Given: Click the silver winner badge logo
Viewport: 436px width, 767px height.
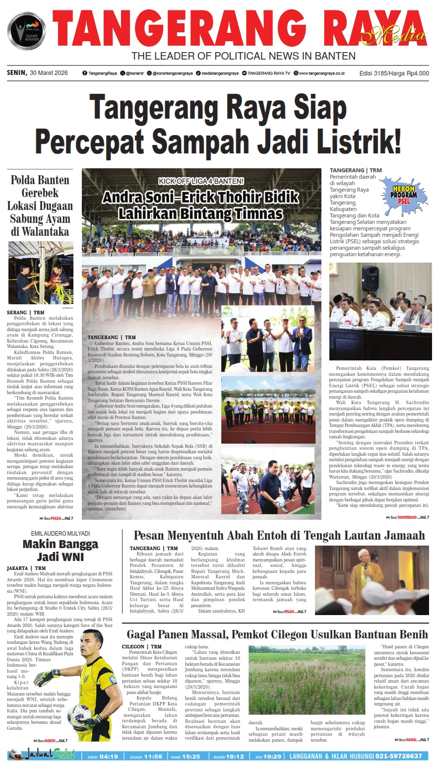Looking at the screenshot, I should coord(26,31).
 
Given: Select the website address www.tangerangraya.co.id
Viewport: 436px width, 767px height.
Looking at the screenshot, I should coord(321,73).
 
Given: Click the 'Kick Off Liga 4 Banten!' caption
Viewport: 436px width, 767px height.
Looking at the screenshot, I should coord(201,181).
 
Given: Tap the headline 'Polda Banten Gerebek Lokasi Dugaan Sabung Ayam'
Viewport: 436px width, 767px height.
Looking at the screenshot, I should coord(40,206).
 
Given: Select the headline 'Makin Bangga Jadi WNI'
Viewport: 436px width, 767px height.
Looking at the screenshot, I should coord(61,550).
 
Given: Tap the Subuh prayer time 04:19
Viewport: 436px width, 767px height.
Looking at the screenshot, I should coord(109,757).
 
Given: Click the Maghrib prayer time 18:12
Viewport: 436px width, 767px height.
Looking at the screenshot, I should coord(235,757).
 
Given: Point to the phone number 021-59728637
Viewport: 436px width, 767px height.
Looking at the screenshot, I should coord(399,756).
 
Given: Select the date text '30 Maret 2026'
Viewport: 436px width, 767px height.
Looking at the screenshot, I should coord(49,73).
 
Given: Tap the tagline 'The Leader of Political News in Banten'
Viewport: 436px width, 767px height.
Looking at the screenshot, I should coord(243,56).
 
